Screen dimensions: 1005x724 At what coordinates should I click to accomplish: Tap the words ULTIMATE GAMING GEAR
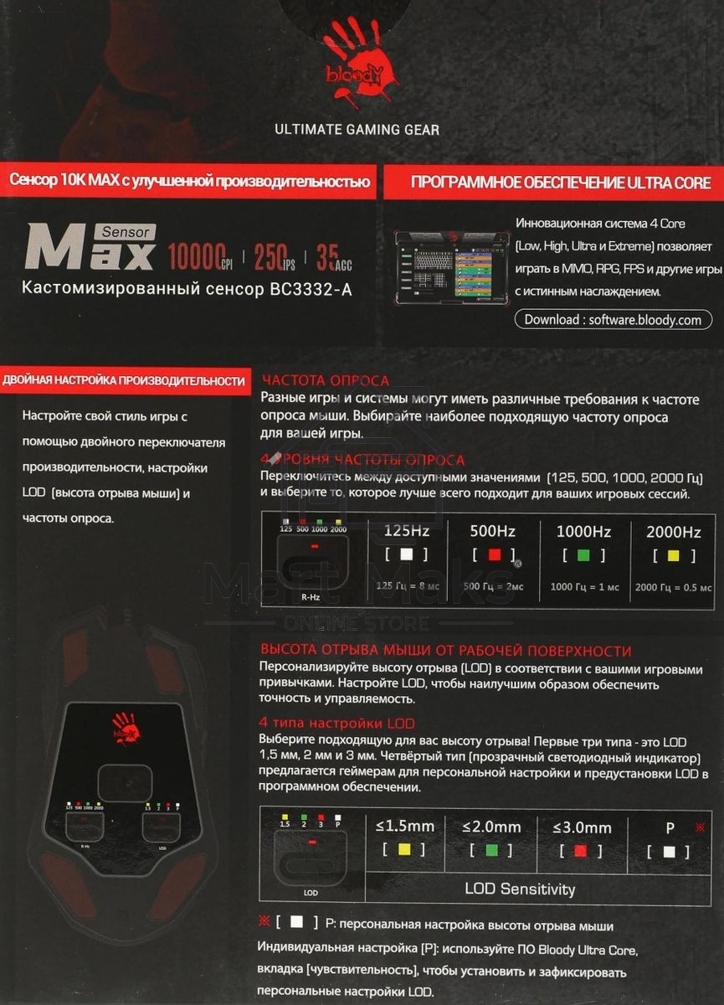click(357, 130)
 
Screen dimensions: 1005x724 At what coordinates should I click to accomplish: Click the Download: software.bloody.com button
click(614, 319)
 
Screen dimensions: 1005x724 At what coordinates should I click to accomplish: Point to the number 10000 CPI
click(199, 255)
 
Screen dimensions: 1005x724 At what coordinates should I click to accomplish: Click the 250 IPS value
click(272, 255)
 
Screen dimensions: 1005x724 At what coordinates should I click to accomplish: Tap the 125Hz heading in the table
click(407, 531)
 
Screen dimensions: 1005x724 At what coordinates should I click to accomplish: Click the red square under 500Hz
click(494, 554)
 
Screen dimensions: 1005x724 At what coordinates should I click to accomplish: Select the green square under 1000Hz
click(584, 554)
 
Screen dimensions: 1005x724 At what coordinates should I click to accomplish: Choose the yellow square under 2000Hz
click(674, 554)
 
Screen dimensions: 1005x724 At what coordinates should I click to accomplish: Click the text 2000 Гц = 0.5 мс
click(674, 587)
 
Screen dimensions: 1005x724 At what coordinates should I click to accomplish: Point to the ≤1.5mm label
click(405, 827)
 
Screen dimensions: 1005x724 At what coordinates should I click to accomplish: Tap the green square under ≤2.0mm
click(492, 850)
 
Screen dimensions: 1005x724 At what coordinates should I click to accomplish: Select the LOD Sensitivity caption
click(519, 889)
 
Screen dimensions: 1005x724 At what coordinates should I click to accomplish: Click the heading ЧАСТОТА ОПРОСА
click(326, 380)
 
